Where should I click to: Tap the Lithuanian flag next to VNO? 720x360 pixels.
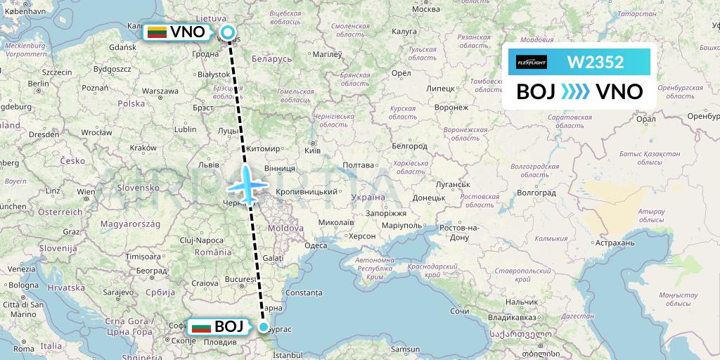click(x=157, y=32)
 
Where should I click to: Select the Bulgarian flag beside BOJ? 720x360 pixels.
click(x=201, y=327)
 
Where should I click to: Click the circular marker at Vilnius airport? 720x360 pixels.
click(x=229, y=32)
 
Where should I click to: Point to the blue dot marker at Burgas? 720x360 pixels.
click(x=264, y=327)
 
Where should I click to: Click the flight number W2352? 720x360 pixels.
click(x=596, y=62)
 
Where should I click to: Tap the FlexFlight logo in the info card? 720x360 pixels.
click(x=532, y=62)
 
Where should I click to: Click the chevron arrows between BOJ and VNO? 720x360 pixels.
click(x=576, y=92)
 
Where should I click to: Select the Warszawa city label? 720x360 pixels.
click(x=160, y=91)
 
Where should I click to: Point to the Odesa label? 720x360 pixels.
click(x=315, y=245)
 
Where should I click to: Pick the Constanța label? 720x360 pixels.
click(x=304, y=291)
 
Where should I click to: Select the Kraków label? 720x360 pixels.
click(x=143, y=148)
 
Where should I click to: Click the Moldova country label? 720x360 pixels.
click(x=285, y=229)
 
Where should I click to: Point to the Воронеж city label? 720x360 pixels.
click(x=451, y=108)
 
